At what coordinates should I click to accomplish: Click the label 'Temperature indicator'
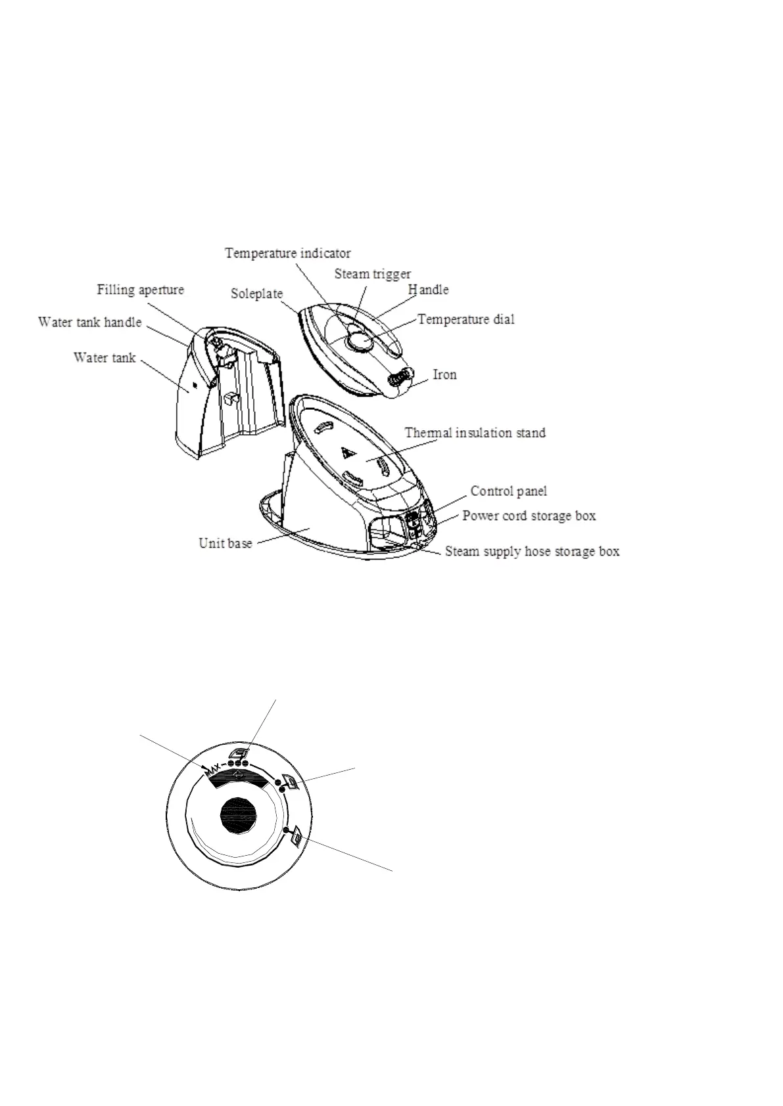[x=287, y=253]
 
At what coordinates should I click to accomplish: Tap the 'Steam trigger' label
[x=372, y=274]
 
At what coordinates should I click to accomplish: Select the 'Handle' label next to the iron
[x=428, y=290]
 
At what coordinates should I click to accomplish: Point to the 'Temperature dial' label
[x=466, y=320]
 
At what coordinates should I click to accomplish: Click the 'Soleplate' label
[x=256, y=294]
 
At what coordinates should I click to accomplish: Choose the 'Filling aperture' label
[x=141, y=290]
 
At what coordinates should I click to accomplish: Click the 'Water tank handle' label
[x=89, y=322]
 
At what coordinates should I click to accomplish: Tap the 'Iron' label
[x=444, y=374]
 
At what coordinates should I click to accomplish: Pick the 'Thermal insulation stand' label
[x=475, y=433]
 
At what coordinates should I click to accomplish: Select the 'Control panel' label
[x=508, y=491]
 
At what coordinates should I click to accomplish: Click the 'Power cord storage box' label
[x=529, y=516]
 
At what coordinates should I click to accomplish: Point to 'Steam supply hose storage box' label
[x=532, y=551]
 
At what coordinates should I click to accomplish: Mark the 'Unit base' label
[x=225, y=544]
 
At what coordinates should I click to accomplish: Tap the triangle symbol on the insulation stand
[x=347, y=453]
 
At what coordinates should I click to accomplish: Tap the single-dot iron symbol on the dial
[x=295, y=837]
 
